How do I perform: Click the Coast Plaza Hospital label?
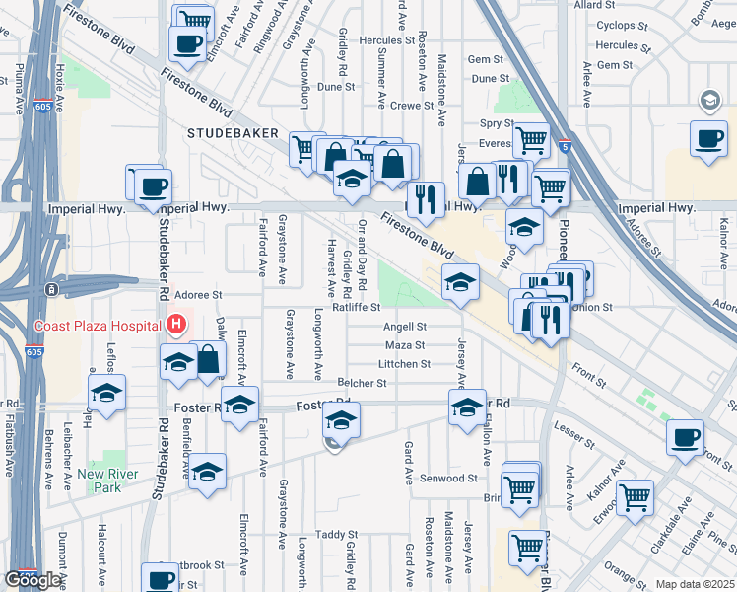click(x=98, y=327)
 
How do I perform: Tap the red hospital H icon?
click(x=176, y=323)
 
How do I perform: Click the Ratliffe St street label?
click(x=356, y=307)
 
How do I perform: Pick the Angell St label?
click(x=404, y=327)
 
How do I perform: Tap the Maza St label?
click(x=405, y=345)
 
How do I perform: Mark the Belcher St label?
click(x=363, y=383)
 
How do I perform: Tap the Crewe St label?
click(x=412, y=106)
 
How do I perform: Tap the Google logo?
click(x=33, y=580)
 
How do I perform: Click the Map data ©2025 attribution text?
click(x=696, y=584)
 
